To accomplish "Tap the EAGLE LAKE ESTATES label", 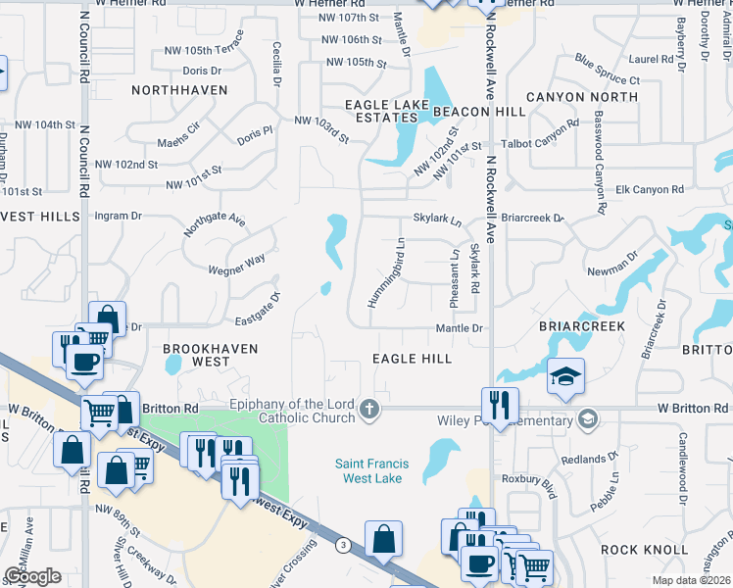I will pyautogui.click(x=381, y=111).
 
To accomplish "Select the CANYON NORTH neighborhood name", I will pyautogui.click(x=582, y=97).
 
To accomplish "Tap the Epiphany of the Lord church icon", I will pyautogui.click(x=369, y=408).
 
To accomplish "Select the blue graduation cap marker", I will pyautogui.click(x=566, y=378).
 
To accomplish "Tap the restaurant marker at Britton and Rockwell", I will pyautogui.click(x=500, y=405).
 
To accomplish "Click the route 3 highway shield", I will pyautogui.click(x=342, y=544).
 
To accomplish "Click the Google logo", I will pyautogui.click(x=33, y=575).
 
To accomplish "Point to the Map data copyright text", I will pyautogui.click(x=691, y=580).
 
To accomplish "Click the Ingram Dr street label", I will pyautogui.click(x=117, y=215).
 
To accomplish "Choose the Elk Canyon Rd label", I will pyautogui.click(x=650, y=188).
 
